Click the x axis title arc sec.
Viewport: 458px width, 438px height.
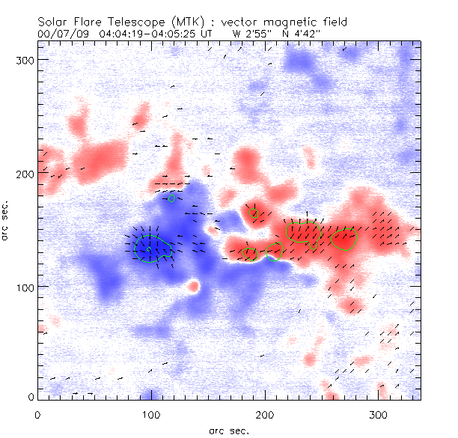[x=228, y=430]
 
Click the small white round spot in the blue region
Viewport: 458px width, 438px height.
[x=194, y=285]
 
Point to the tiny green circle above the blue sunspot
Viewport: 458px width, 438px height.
[x=172, y=198]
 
